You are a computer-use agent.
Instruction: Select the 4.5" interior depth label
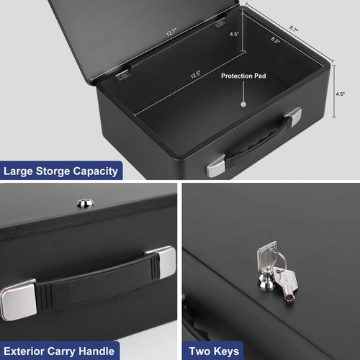click(x=235, y=34)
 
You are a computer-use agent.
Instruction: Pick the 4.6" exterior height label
click(x=341, y=94)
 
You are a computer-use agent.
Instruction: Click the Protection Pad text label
click(x=243, y=76)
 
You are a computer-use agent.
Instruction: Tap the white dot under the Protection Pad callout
click(x=243, y=104)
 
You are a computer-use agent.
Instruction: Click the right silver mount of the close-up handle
click(x=161, y=260)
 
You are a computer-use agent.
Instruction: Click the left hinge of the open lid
click(x=123, y=73)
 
